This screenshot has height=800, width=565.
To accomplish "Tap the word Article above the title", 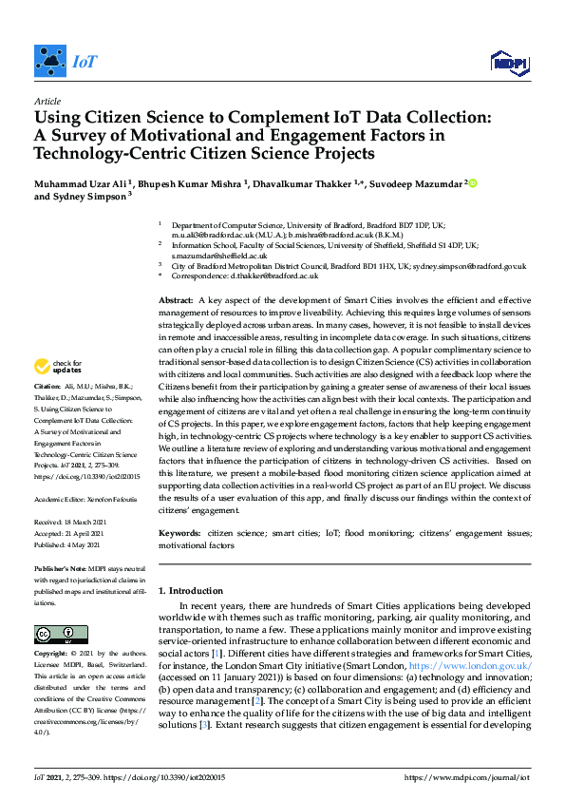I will tap(47, 101).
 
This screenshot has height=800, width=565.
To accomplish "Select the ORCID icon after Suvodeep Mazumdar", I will tap(472, 183).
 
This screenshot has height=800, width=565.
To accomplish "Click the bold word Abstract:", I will tap(176, 300).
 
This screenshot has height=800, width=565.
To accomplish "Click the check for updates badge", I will tap(58, 366).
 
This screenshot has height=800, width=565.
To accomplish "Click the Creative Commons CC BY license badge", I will tap(61, 634).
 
